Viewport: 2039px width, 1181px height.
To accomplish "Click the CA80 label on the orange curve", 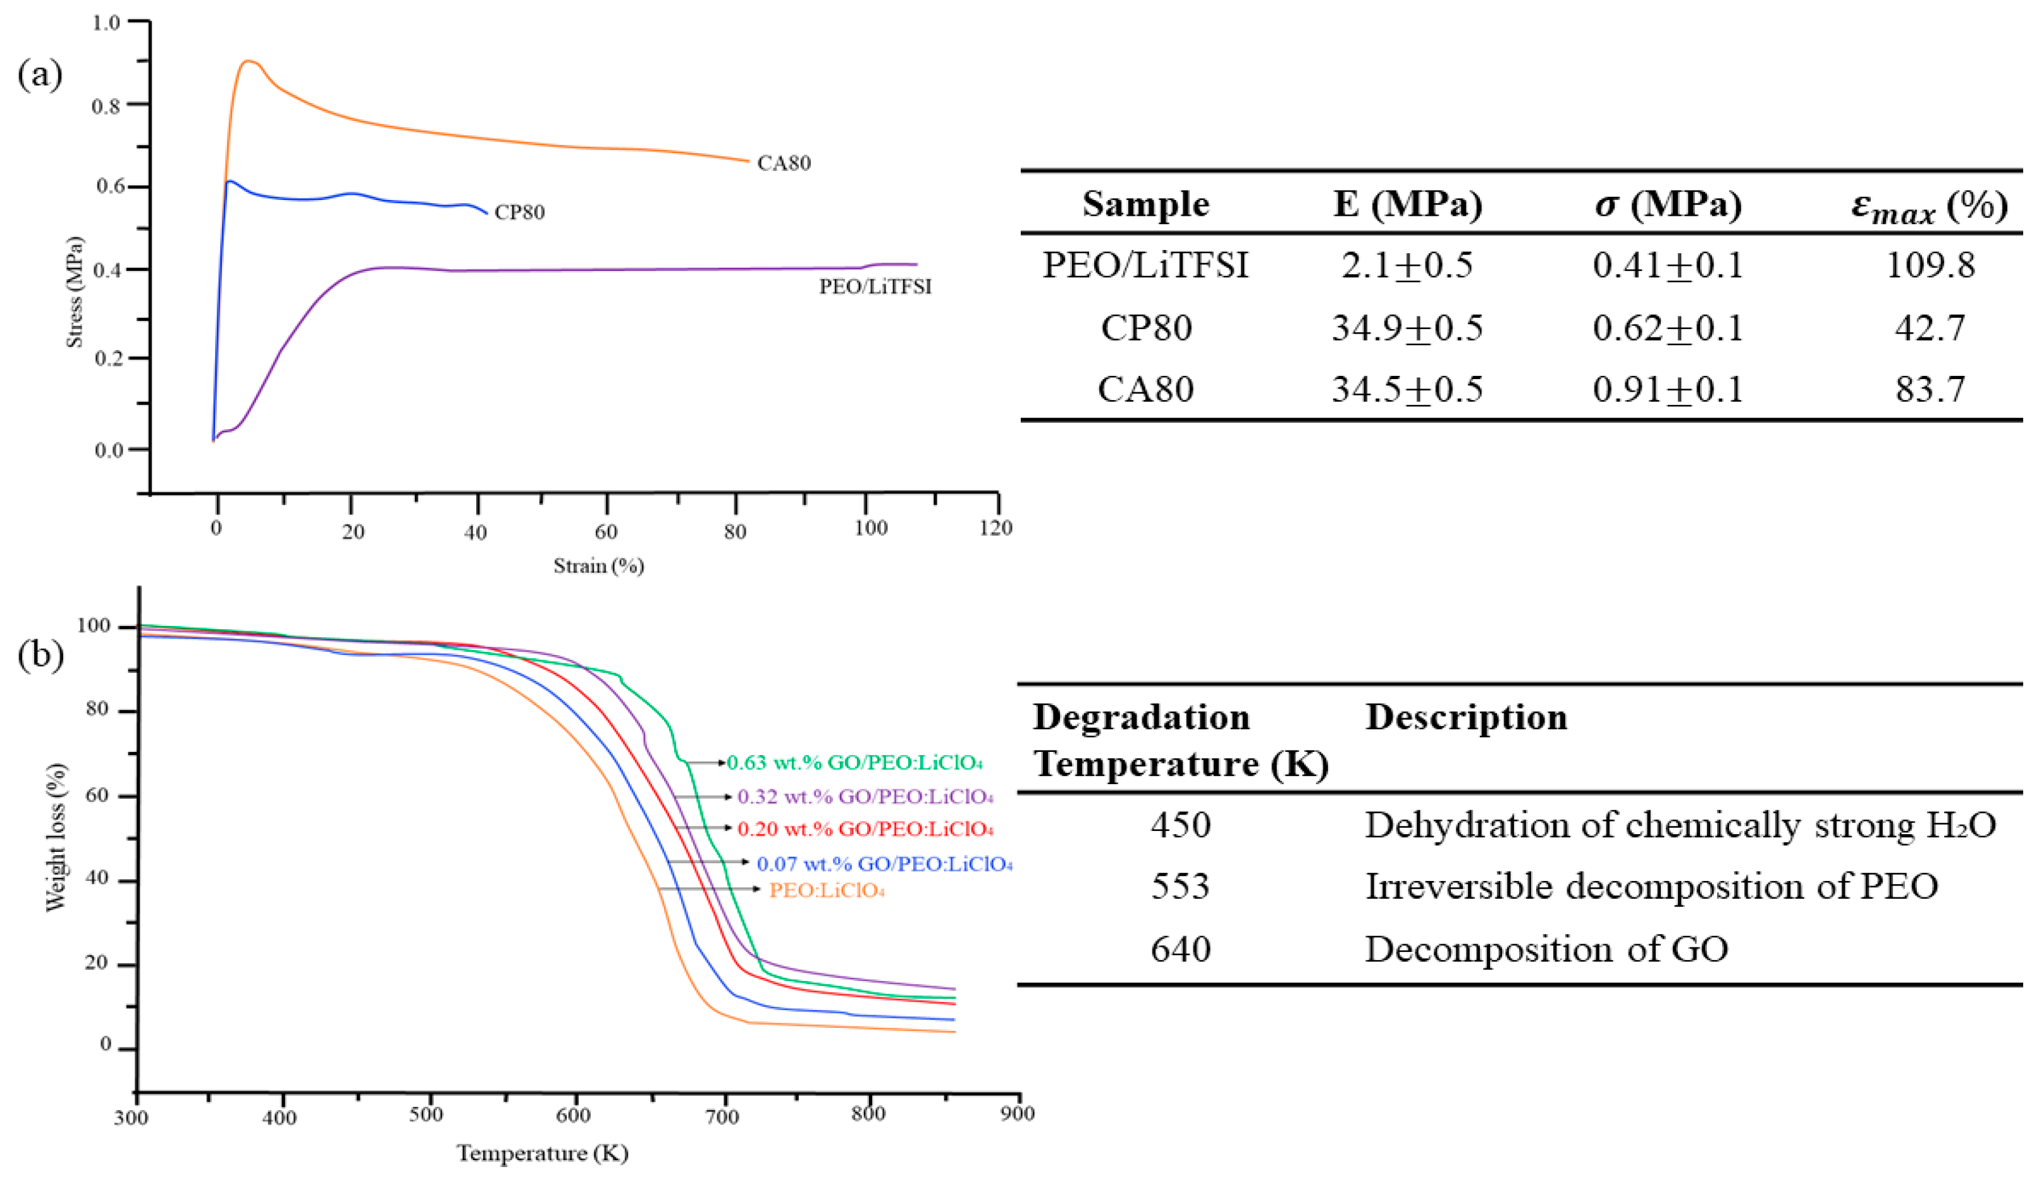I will click(783, 163).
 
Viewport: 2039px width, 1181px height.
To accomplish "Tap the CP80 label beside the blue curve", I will click(519, 212).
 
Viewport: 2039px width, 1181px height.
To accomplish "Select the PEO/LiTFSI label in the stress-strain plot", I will click(875, 287).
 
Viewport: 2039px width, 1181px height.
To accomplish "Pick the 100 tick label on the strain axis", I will click(871, 528).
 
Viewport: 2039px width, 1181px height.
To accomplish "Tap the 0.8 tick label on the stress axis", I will click(106, 106).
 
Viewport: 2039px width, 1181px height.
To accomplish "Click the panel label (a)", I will click(40, 75).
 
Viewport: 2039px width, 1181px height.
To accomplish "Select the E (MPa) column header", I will click(1407, 204).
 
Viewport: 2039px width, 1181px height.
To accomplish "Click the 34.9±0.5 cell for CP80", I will click(1407, 328).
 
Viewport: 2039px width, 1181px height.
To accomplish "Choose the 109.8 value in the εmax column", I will click(1930, 265).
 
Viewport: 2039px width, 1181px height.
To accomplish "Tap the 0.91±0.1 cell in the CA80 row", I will click(1668, 389).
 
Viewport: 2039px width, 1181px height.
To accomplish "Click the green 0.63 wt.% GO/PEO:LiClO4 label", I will click(854, 763).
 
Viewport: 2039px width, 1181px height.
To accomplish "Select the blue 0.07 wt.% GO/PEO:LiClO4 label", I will click(884, 864).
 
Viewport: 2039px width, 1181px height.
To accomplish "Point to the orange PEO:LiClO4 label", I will click(826, 890).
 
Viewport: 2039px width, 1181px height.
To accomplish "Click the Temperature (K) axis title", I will click(542, 1153).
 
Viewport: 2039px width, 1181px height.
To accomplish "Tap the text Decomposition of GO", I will click(1546, 949).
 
